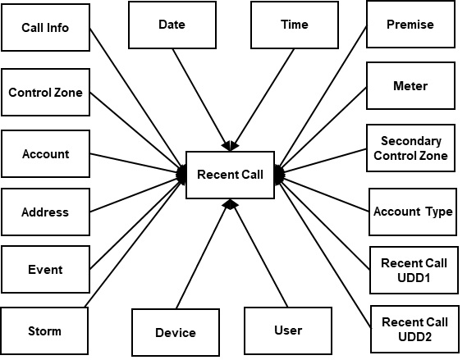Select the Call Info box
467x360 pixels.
click(45, 28)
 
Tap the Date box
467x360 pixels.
click(172, 25)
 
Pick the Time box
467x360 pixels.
click(294, 25)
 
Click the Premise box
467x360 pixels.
click(410, 25)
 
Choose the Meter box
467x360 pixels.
click(410, 86)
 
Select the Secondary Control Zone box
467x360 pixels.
click(410, 148)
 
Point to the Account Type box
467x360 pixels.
click(412, 212)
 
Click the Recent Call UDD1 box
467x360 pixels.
click(414, 270)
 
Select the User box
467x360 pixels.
click(287, 330)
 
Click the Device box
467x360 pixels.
click(176, 332)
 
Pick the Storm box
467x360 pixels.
click(44, 331)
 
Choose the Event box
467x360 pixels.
click(45, 270)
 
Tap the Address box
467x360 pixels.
click(45, 212)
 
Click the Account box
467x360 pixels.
click(45, 154)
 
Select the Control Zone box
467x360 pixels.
click(45, 93)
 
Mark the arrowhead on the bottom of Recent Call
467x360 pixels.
click(230, 203)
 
